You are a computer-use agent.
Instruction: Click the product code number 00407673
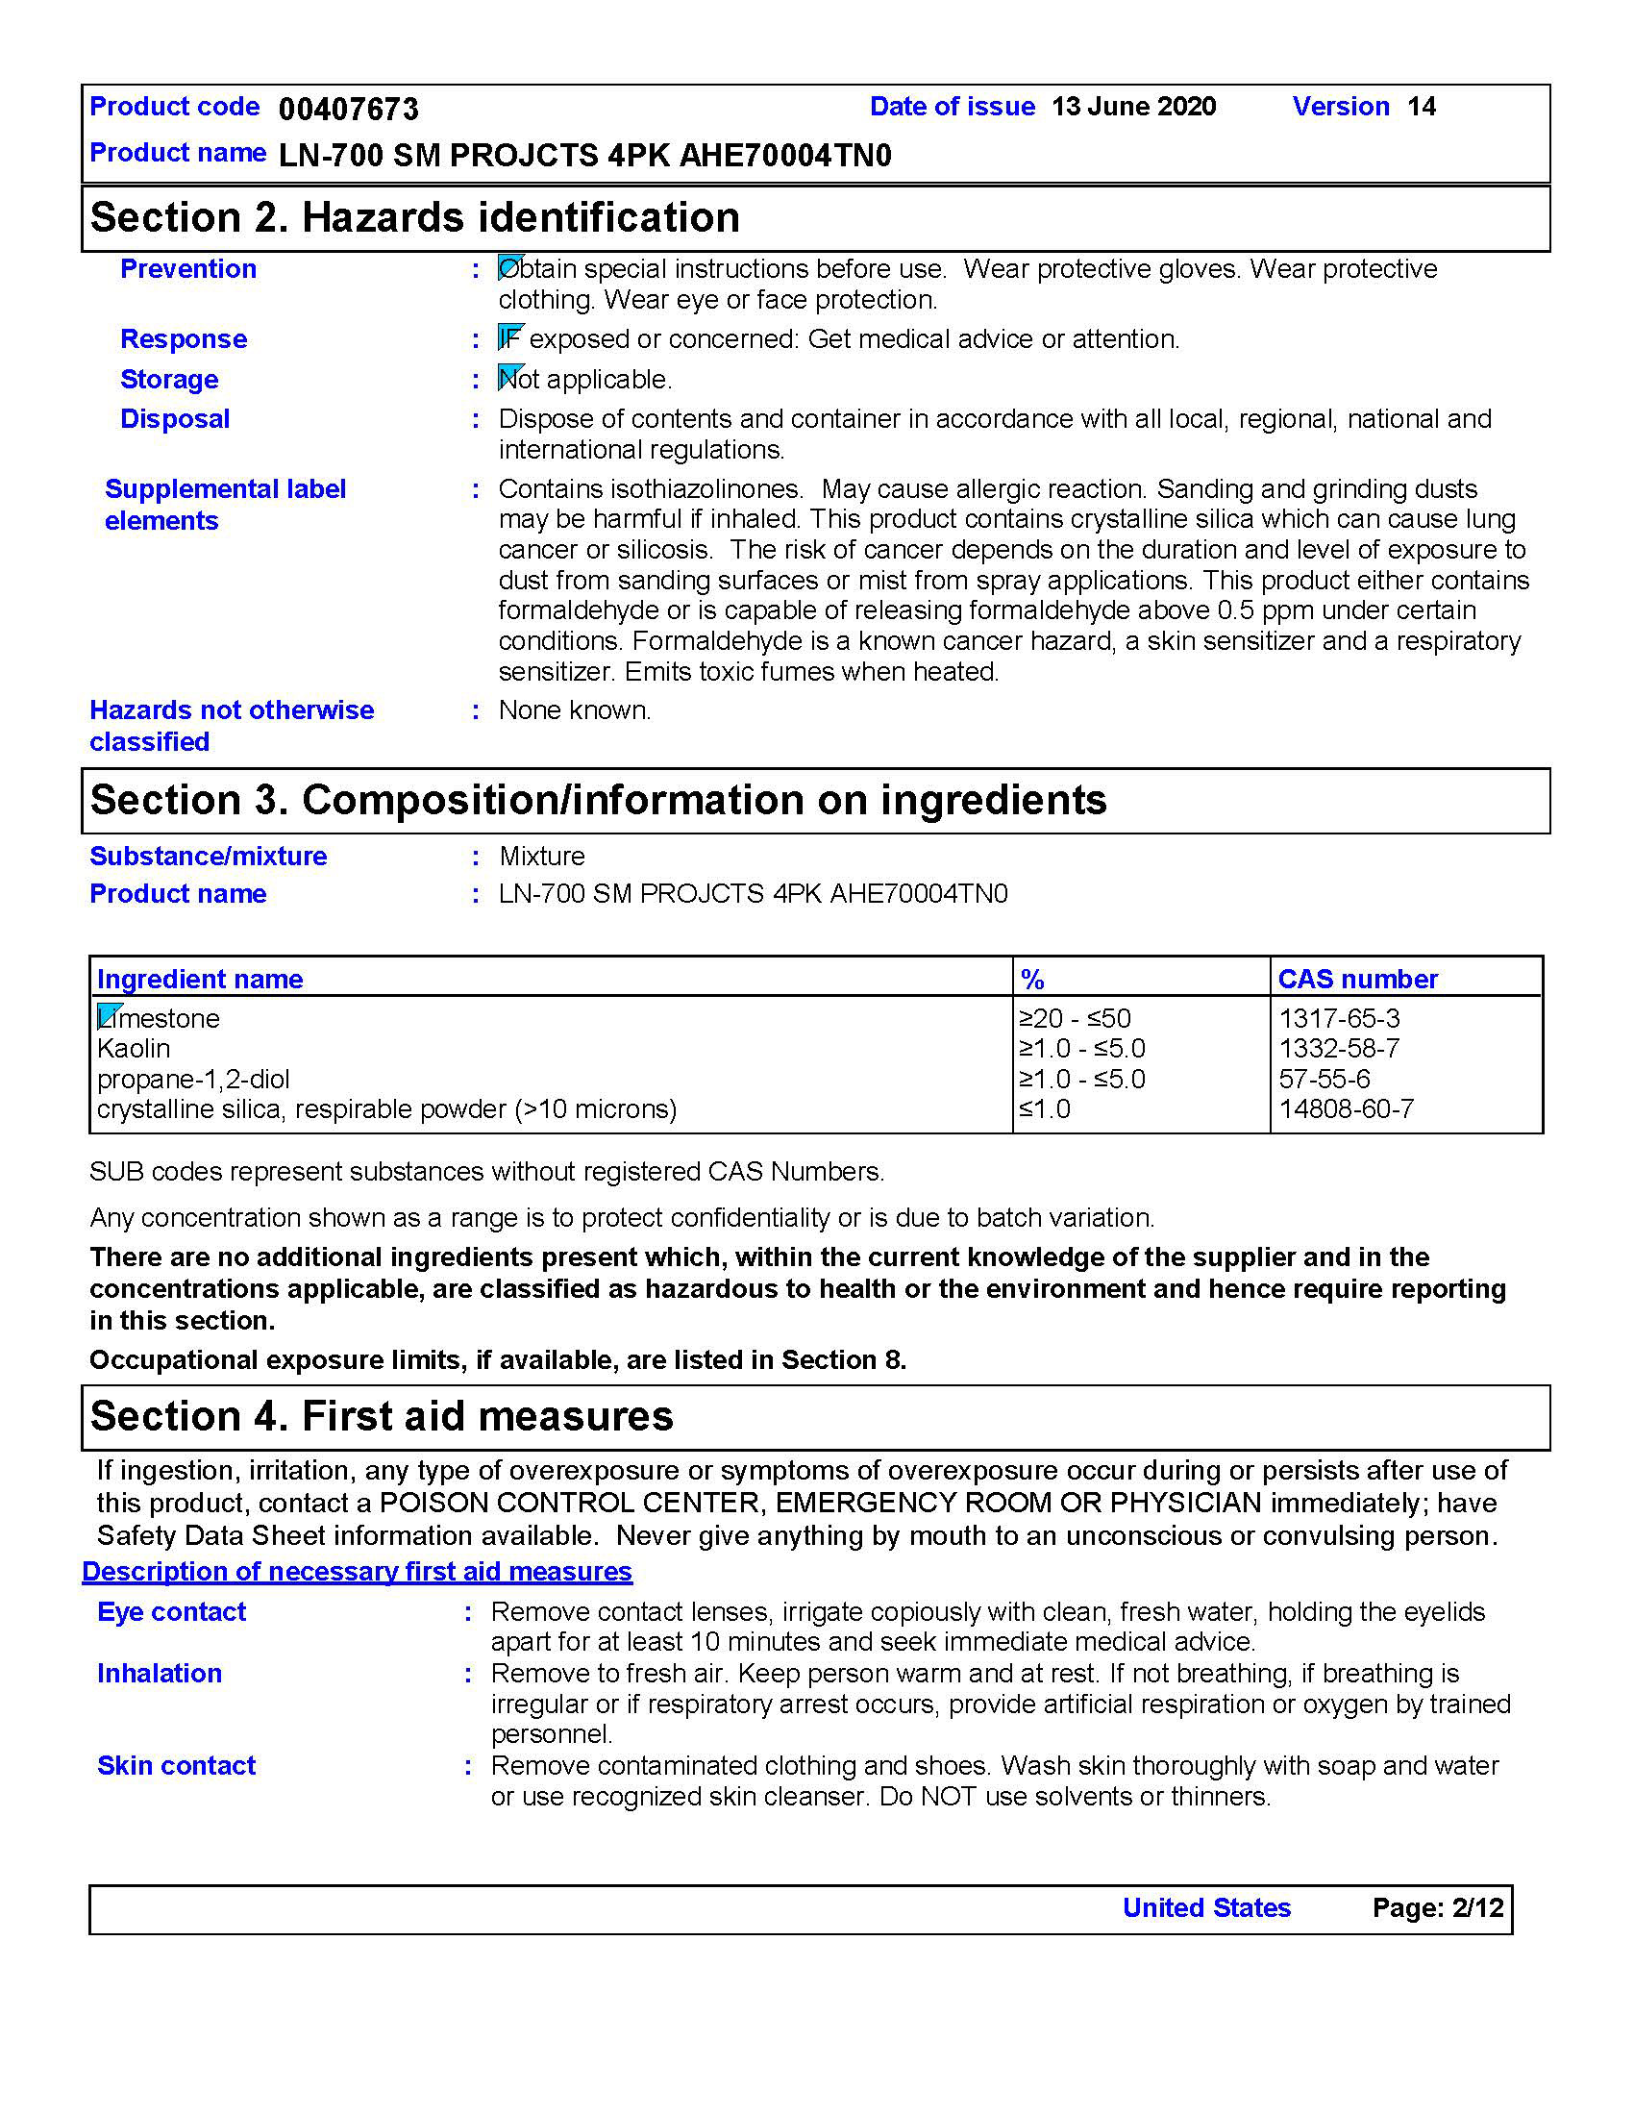pos(349,109)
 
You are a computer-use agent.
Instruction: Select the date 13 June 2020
pos(1133,107)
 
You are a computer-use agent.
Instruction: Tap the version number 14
pos(1421,107)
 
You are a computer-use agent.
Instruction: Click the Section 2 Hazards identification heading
pos(414,218)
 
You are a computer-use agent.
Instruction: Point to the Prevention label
pos(187,269)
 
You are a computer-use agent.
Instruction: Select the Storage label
pos(169,380)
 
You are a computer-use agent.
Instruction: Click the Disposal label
pos(175,419)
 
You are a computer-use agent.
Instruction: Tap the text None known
pos(575,710)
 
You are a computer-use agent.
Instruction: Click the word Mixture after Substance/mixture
pos(542,857)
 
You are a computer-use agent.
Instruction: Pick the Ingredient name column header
pos(200,979)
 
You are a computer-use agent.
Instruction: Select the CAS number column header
pos(1357,979)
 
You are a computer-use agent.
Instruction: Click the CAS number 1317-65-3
pos(1339,1019)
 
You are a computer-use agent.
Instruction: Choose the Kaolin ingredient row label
pos(134,1049)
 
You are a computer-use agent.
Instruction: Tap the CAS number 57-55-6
pos(1325,1079)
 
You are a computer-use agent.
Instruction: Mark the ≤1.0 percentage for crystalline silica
pos(1045,1109)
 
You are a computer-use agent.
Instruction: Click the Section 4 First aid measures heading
pos(382,1417)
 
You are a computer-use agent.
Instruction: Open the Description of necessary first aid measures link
pos(357,1572)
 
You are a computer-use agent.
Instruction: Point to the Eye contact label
pos(171,1612)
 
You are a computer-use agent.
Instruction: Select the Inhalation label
pos(160,1674)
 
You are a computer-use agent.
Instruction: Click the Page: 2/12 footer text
pos(1438,1907)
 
